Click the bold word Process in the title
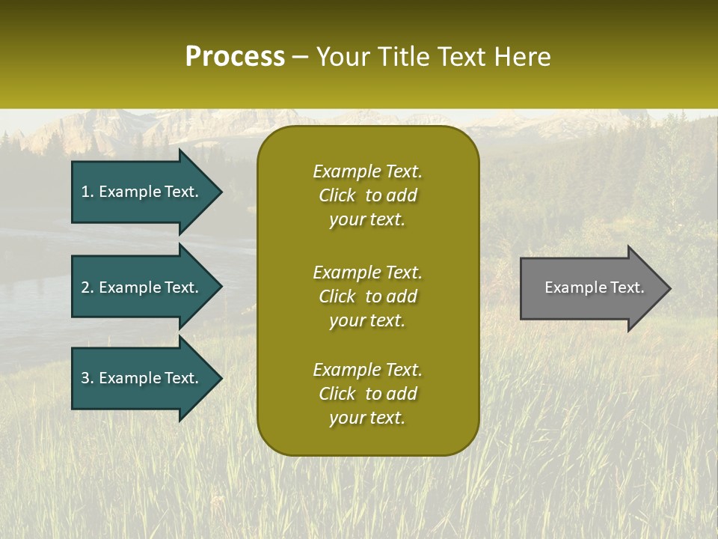click(235, 57)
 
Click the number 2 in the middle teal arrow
click(85, 287)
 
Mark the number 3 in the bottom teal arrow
click(85, 378)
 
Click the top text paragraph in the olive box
click(367, 195)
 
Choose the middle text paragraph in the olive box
click(367, 296)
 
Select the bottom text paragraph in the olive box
click(367, 394)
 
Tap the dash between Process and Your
click(301, 57)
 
